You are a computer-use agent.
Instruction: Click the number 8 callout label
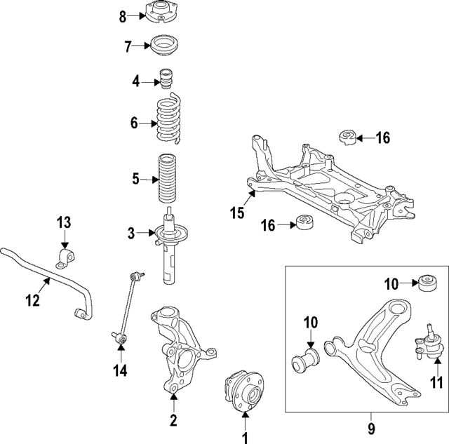(x=123, y=15)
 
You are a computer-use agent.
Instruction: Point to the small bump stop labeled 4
(x=167, y=81)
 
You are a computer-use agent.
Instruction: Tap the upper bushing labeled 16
(x=349, y=137)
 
